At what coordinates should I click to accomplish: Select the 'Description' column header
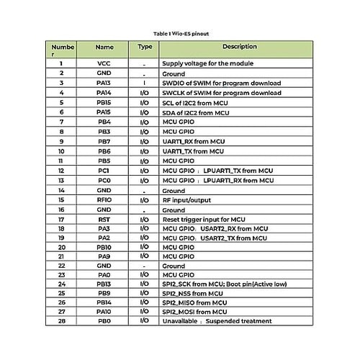tap(239, 47)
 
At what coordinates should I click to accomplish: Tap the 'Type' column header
tap(145, 47)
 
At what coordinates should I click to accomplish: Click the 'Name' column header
tap(104, 47)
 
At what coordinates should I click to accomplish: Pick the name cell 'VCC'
tap(104, 63)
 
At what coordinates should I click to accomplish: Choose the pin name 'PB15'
tap(104, 102)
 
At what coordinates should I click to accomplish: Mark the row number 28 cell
tap(61, 320)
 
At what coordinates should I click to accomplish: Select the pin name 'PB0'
tap(104, 320)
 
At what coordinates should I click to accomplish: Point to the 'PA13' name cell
tap(104, 83)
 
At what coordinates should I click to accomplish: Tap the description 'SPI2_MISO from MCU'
tap(192, 302)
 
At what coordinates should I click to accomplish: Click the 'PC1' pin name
tap(104, 171)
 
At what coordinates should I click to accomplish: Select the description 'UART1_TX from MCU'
tap(192, 151)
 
